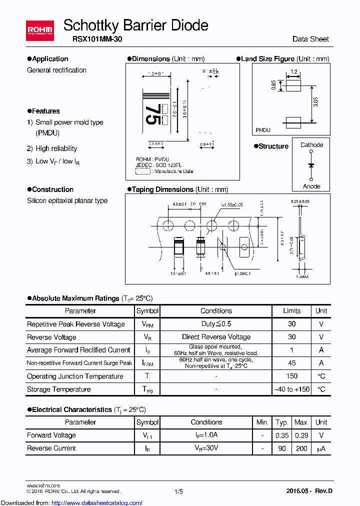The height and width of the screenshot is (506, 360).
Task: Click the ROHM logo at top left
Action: (x=40, y=30)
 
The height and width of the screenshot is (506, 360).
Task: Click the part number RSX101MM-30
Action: (x=92, y=39)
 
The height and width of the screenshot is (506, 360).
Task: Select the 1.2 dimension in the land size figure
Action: (x=293, y=72)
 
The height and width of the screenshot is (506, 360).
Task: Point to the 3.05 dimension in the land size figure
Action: (x=316, y=103)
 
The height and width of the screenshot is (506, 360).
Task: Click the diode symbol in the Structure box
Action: (x=311, y=165)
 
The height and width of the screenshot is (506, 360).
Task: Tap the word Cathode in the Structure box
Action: (x=311, y=145)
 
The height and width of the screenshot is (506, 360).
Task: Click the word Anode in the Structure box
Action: (x=311, y=186)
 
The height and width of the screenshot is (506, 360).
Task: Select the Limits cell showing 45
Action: (x=292, y=363)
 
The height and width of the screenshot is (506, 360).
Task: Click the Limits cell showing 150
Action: (x=292, y=376)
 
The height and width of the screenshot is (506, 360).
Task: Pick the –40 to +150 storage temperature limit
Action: (x=292, y=389)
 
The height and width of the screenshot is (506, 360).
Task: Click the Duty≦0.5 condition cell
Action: (x=216, y=324)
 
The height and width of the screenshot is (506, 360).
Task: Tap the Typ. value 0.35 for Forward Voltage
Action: (x=282, y=435)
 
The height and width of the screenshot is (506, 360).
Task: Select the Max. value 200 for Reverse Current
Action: (x=301, y=448)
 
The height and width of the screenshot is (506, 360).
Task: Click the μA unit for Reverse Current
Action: (x=321, y=448)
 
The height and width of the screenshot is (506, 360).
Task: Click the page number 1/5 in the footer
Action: (x=178, y=491)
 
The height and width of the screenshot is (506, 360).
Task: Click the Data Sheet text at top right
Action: (x=310, y=39)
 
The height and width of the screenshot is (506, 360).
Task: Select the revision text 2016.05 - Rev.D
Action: (x=309, y=491)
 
